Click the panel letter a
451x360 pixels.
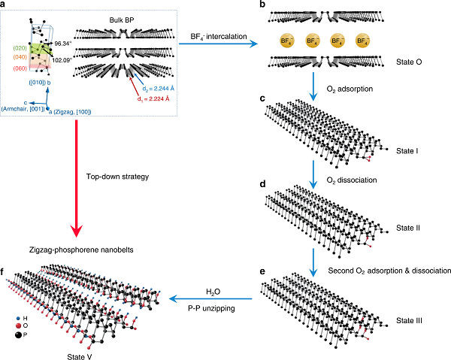[5, 6]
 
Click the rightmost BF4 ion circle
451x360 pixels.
[364, 42]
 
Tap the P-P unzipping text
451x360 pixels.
[208, 308]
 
